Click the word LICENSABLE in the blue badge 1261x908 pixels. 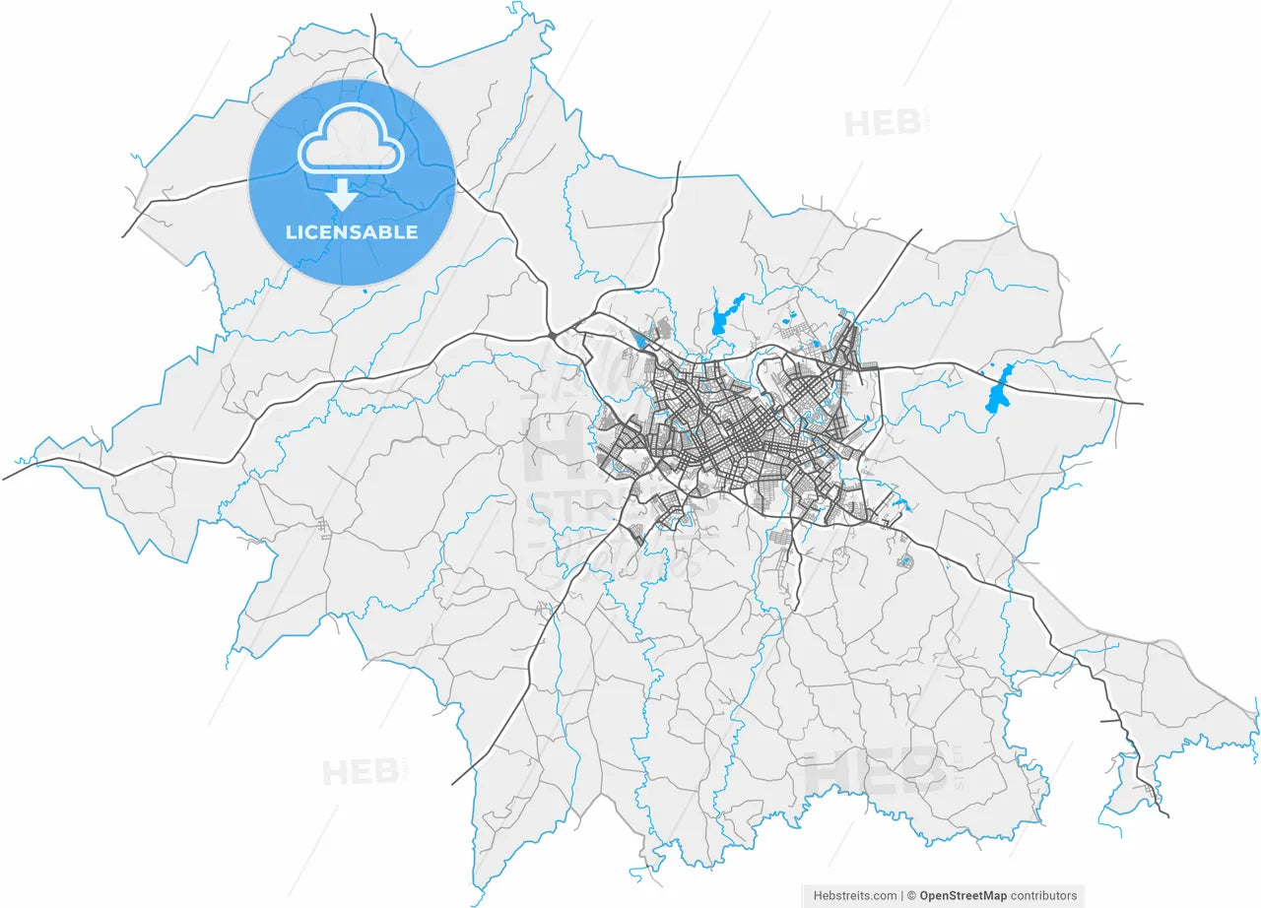(x=352, y=232)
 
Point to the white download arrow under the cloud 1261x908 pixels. (x=342, y=194)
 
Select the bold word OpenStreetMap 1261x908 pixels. (x=962, y=895)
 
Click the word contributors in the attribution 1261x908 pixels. (x=1044, y=895)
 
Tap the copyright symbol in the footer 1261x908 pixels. (x=912, y=895)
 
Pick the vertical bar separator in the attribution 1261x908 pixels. (x=902, y=895)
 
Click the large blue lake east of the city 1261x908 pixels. (x=1000, y=389)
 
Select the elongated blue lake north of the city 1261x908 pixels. (x=726, y=314)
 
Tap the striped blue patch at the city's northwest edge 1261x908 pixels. (x=642, y=341)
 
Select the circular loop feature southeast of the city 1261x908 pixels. (x=906, y=561)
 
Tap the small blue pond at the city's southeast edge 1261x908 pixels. (x=897, y=507)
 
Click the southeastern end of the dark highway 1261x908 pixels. (x=1167, y=815)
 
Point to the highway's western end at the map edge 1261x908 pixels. (x=5, y=479)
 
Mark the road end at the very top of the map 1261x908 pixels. (x=372, y=16)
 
